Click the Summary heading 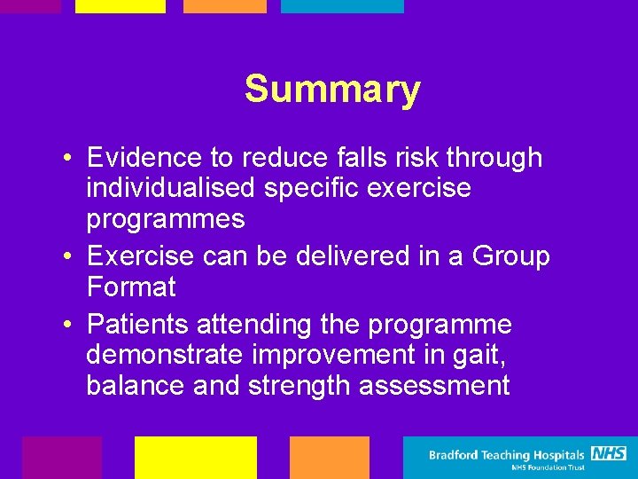point(332,90)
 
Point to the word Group point(511,256)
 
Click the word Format point(131,287)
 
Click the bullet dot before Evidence point(67,159)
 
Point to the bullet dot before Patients point(67,325)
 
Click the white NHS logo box point(609,454)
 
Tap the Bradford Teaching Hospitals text point(507,456)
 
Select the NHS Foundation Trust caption point(549,468)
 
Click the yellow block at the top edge point(120,6)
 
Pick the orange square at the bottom point(329,457)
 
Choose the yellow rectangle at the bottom point(195,457)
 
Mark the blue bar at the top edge point(342,6)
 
